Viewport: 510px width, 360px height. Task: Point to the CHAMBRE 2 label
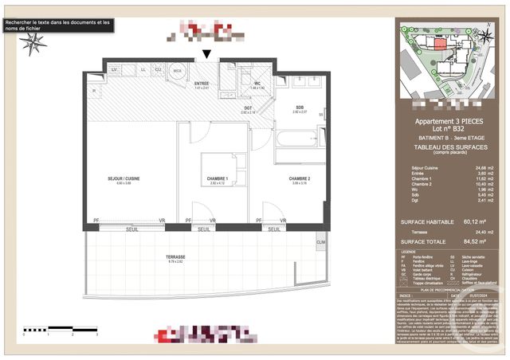(299, 179)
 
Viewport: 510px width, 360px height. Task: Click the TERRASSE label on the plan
(175, 257)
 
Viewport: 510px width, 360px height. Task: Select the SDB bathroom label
(299, 108)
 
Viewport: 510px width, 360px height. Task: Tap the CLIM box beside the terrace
(321, 242)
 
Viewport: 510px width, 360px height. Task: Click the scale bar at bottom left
(60, 328)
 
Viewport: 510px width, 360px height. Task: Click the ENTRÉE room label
(201, 82)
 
